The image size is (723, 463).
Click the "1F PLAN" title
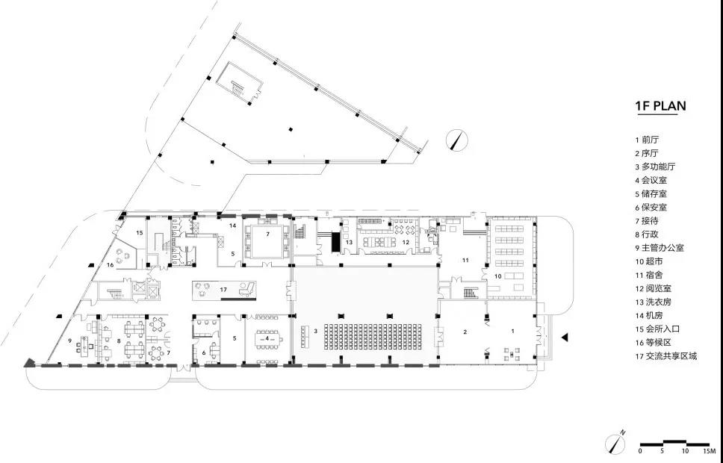[661, 106]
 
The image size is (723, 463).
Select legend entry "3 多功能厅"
[655, 167]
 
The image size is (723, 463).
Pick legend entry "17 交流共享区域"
[665, 356]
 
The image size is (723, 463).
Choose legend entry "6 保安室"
[651, 208]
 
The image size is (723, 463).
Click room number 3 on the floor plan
[315, 331]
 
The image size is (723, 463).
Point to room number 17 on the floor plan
[223, 290]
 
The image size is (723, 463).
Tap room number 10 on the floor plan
[498, 276]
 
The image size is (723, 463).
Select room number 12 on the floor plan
[406, 242]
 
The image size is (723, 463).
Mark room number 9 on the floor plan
[70, 341]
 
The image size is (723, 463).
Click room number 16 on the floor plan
[111, 264]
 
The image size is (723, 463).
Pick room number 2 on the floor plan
[465, 332]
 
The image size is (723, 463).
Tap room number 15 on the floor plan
[139, 233]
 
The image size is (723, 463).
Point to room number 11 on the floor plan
[465, 260]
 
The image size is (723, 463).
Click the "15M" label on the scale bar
[705, 450]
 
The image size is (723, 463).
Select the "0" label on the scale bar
[640, 450]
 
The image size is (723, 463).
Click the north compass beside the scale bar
[615, 442]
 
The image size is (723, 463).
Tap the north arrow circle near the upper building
[456, 140]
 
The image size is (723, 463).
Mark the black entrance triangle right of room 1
[565, 338]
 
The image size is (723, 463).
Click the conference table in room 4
[267, 339]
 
